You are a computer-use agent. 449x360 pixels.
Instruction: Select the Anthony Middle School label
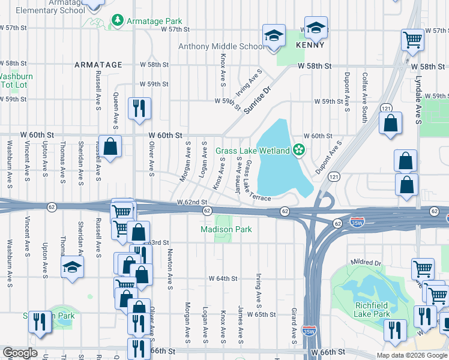(221, 46)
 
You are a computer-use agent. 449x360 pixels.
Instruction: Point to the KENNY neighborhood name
(310, 45)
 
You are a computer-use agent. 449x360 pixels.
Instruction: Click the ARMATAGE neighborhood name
(98, 64)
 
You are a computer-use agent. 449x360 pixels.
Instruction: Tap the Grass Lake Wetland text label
(253, 150)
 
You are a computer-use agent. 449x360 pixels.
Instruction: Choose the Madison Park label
(226, 229)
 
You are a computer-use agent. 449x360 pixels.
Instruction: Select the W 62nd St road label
(191, 203)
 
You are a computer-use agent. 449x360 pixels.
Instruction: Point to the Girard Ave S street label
(294, 323)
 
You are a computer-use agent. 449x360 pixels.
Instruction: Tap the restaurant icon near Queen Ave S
(139, 109)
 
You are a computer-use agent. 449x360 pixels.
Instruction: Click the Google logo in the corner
(20, 353)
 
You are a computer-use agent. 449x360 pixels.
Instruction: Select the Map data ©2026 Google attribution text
(411, 355)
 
